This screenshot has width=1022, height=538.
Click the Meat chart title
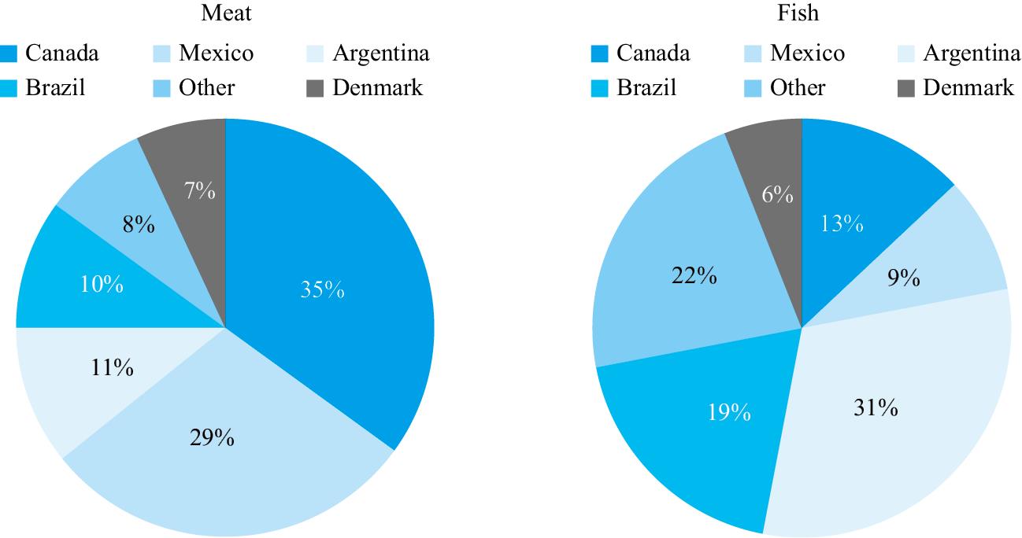pyautogui.click(x=226, y=13)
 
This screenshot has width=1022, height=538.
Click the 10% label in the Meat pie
pyautogui.click(x=102, y=285)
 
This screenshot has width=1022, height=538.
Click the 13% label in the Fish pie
pyautogui.click(x=842, y=224)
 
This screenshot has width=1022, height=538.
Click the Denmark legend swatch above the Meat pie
pyautogui.click(x=316, y=88)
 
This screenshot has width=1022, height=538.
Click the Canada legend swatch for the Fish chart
pyautogui.click(x=600, y=54)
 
